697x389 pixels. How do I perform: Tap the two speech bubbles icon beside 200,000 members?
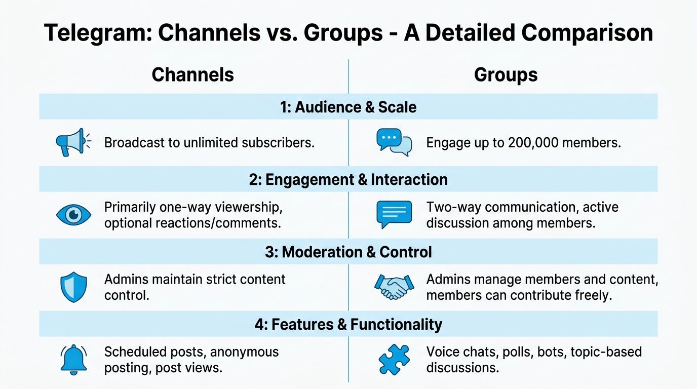(x=394, y=142)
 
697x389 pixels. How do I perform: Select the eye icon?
(x=73, y=215)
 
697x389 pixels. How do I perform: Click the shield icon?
(x=73, y=287)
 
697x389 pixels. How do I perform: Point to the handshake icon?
(x=394, y=287)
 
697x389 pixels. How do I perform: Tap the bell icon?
(x=73, y=360)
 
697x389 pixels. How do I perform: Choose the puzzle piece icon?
(x=394, y=360)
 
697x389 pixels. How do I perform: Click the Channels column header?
(x=192, y=74)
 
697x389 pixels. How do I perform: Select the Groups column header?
(x=506, y=75)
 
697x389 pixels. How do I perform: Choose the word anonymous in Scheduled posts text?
(x=244, y=353)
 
